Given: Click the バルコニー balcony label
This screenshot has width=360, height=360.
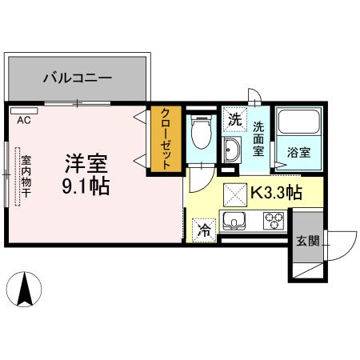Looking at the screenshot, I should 77,78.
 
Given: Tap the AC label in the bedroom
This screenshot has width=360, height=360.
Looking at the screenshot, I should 24,122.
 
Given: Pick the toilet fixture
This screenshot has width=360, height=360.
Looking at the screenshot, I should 201,132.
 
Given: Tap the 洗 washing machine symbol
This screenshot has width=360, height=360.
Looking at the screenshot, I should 234,119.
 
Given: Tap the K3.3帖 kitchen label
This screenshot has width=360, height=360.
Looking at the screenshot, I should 276,193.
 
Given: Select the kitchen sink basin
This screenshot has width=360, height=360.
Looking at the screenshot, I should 234,220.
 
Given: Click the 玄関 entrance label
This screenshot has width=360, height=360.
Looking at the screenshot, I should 306,242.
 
